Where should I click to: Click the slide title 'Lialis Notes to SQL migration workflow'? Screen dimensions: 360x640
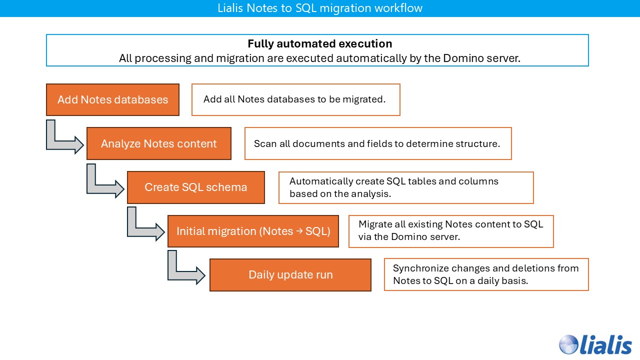point(320,8)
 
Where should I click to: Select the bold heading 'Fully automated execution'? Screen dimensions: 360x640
point(320,43)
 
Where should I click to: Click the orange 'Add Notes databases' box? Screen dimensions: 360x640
point(112,99)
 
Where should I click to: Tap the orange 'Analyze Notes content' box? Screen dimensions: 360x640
point(159,143)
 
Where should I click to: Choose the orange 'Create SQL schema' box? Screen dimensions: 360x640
point(195,187)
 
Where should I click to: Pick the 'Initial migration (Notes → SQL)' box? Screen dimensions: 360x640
point(253,231)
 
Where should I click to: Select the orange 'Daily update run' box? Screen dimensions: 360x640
point(290,275)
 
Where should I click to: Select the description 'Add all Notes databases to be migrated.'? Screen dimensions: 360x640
point(294,99)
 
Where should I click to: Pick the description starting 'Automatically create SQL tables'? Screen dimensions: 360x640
point(394,187)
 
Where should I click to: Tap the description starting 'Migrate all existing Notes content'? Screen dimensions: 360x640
point(450,230)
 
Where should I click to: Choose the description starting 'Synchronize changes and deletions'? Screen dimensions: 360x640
point(485,274)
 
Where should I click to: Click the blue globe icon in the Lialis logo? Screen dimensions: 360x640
point(569,344)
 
